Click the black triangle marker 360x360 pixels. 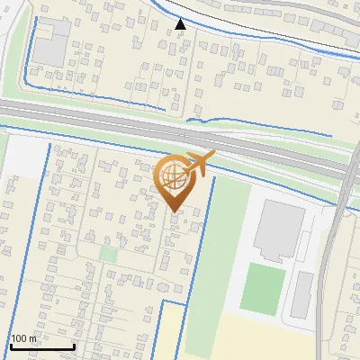(x=181, y=24)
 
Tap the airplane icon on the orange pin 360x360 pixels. (x=199, y=164)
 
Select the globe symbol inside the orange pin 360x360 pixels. (x=174, y=176)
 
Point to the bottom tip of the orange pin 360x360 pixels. (x=174, y=211)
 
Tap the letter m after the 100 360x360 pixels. (x=32, y=338)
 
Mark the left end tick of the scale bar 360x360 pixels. (x=11, y=345)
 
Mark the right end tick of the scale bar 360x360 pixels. (x=74, y=345)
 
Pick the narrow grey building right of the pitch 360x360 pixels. (x=303, y=294)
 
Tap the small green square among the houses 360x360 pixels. (x=108, y=254)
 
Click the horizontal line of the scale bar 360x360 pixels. (x=42, y=346)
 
